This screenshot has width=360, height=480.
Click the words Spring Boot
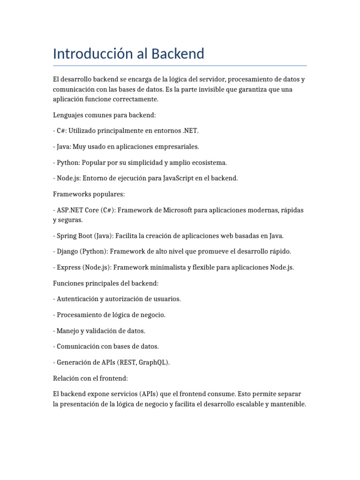pos(71,236)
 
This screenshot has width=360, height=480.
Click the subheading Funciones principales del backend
pos(106,284)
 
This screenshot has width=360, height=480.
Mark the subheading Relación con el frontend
pos(91,378)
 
